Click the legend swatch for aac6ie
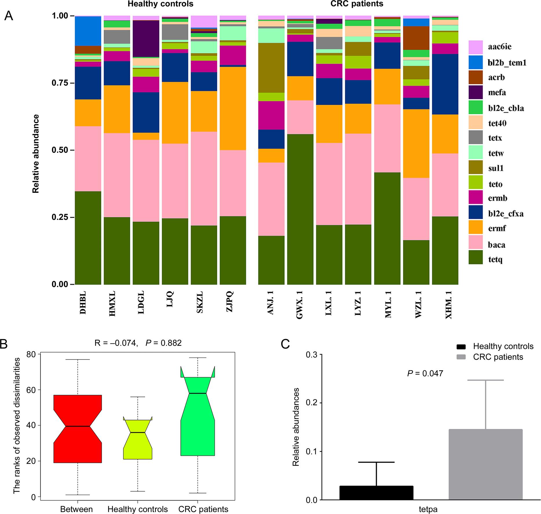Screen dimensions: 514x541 [x=476, y=47]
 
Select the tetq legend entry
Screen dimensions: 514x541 [x=495, y=260]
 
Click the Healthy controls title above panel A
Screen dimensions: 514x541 [x=161, y=4]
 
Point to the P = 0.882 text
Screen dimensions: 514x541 [x=163, y=343]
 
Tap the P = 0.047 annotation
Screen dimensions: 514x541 [x=425, y=373]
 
